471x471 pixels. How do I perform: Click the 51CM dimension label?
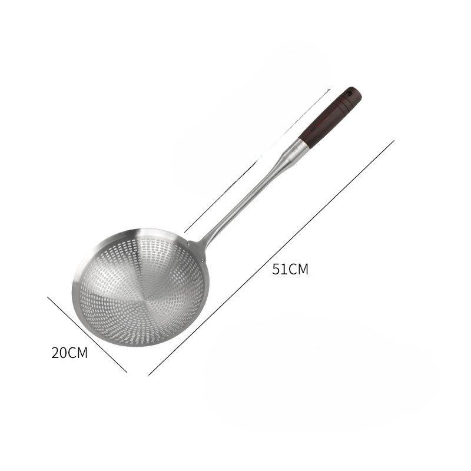[290, 270]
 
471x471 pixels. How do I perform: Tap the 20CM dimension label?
[69, 353]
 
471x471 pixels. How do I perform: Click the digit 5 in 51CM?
[276, 270]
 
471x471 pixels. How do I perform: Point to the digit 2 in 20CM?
[55, 353]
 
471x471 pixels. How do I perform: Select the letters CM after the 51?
[299, 270]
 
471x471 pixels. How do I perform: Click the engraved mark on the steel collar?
[294, 149]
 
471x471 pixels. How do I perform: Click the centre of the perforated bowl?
[139, 288]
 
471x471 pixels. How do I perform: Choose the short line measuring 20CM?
[87, 334]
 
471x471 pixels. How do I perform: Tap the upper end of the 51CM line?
[393, 141]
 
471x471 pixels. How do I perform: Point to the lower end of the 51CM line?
[149, 374]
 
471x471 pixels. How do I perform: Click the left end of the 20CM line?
[48, 296]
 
